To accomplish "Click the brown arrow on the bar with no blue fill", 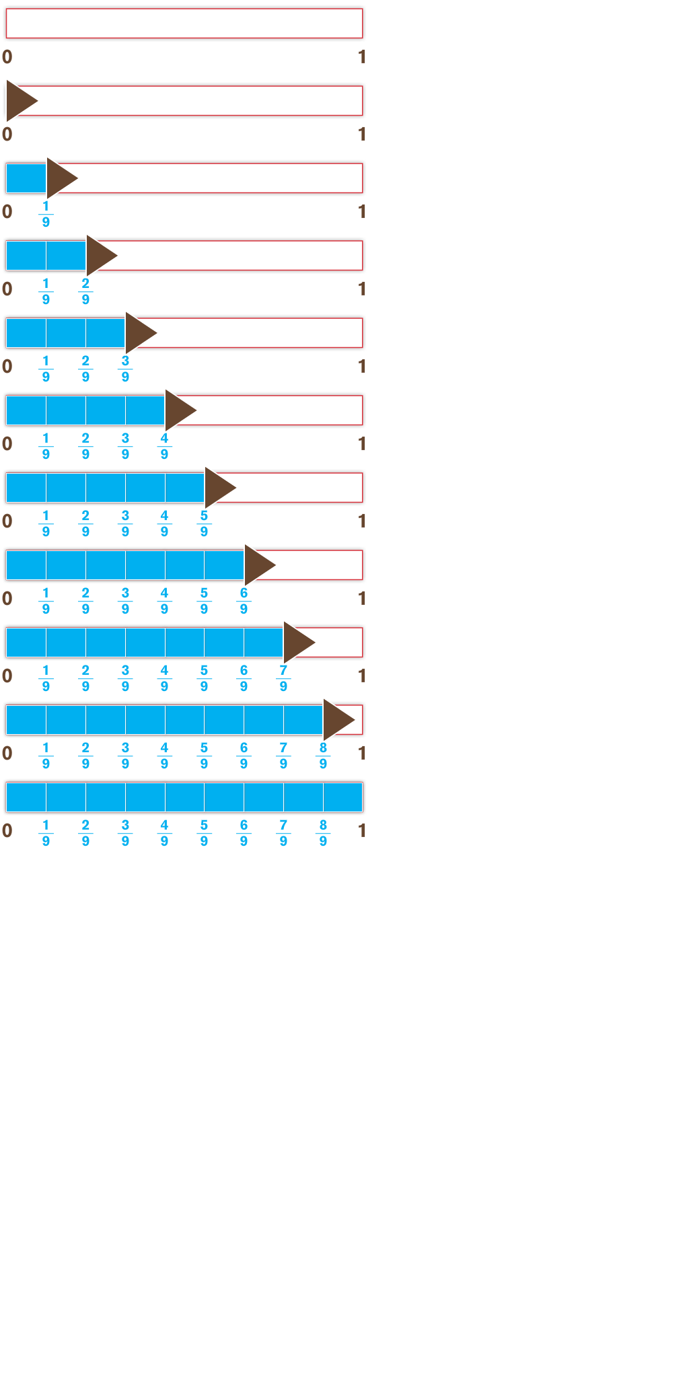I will (x=19, y=101).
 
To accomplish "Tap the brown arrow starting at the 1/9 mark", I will (x=59, y=178).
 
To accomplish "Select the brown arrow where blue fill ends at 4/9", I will (x=178, y=410).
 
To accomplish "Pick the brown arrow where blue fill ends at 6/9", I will (x=257, y=565).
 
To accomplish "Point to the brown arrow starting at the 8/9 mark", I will (x=336, y=719).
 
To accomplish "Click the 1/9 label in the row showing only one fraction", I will (x=46, y=214).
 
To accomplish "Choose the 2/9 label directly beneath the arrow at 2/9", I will (x=85, y=291).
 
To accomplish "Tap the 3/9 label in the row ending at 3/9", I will (x=125, y=369).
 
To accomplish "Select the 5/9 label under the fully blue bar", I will (x=204, y=833).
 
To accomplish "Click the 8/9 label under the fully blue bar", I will (x=323, y=833).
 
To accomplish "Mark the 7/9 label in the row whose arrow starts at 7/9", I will (x=283, y=678).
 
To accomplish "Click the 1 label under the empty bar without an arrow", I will (x=362, y=57).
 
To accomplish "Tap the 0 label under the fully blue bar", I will (x=7, y=831).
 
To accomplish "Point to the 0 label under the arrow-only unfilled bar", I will (x=7, y=135).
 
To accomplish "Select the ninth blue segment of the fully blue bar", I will (x=342, y=797).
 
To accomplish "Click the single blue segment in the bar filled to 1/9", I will (x=26, y=178).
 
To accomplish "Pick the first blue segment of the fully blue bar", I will (x=26, y=797).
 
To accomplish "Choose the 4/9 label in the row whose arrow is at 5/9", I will (x=164, y=523).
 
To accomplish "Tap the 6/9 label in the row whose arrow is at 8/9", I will (x=244, y=756).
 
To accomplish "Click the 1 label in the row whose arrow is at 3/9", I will (x=362, y=367).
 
